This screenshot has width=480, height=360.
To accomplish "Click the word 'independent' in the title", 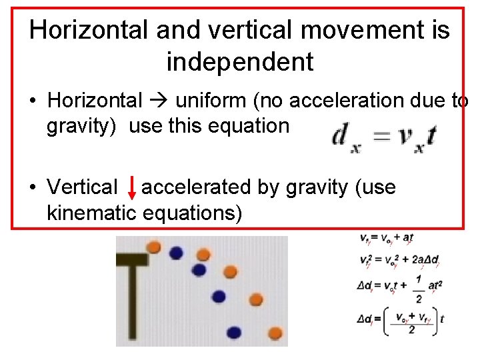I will [x=240, y=61].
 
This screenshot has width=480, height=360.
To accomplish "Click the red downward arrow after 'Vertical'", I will [x=132, y=188].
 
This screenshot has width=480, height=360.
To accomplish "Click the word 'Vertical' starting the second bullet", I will [x=82, y=188].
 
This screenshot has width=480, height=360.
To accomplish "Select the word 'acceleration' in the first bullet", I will [x=339, y=101].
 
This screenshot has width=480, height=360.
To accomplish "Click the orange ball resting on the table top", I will [x=153, y=247].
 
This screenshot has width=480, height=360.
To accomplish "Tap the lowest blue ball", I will [x=233, y=331].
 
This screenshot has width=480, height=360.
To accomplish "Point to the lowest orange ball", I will [x=275, y=332].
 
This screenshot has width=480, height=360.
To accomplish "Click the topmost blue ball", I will [x=176, y=253].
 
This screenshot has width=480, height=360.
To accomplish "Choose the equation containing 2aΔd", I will [x=399, y=261].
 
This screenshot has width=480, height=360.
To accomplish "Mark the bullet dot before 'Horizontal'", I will [x=33, y=101].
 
